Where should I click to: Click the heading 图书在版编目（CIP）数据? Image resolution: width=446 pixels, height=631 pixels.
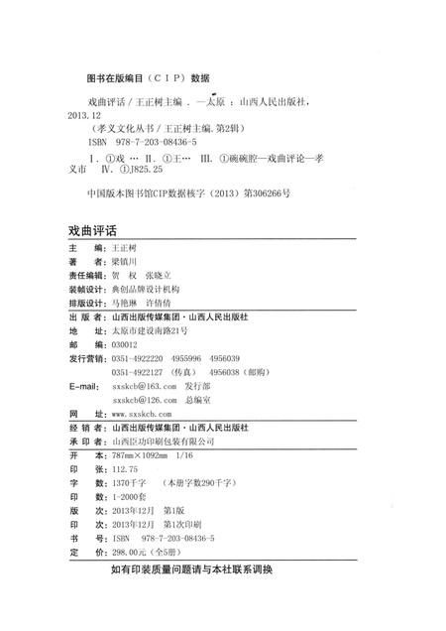[x=148, y=76]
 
